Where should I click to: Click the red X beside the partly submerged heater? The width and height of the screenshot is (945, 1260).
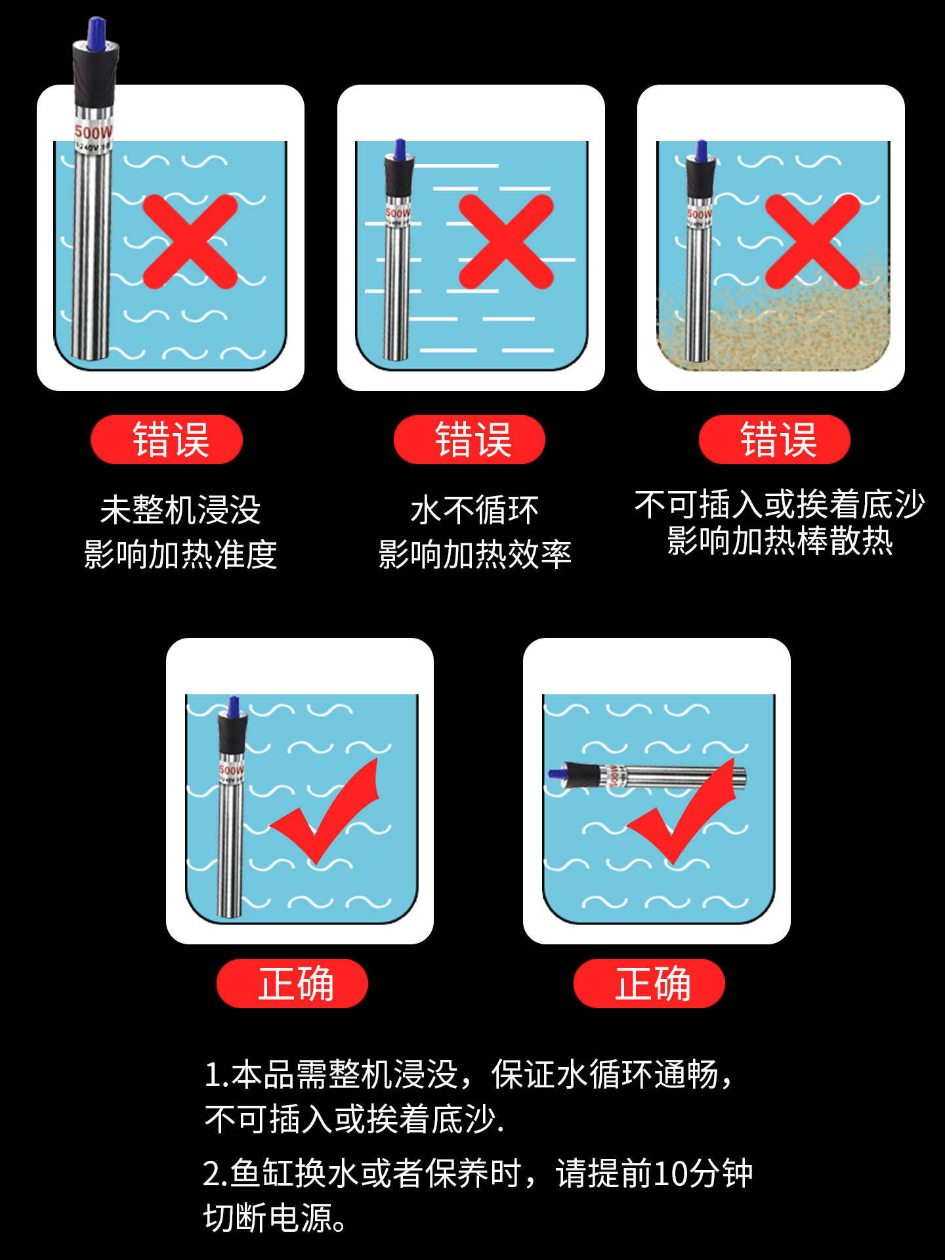pyautogui.click(x=190, y=241)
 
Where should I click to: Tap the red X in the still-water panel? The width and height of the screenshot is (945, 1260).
pyautogui.click(x=506, y=241)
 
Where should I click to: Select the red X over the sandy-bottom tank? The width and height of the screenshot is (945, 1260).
pyautogui.click(x=812, y=241)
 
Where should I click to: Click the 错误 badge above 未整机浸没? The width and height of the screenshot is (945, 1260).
pyautogui.click(x=167, y=439)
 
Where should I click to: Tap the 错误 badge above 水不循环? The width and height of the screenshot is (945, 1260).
pyautogui.click(x=470, y=439)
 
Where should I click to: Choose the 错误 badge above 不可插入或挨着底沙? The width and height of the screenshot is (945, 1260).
pyautogui.click(x=774, y=439)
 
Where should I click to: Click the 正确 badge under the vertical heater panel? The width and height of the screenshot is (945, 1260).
pyautogui.click(x=292, y=983)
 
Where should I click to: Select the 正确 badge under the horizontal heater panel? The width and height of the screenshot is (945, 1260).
pyautogui.click(x=649, y=983)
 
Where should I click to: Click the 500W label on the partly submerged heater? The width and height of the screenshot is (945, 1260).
pyautogui.click(x=93, y=132)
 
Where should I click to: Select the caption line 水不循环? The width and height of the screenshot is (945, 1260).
pyautogui.click(x=474, y=510)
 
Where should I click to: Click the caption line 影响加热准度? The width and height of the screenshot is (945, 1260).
pyautogui.click(x=180, y=555)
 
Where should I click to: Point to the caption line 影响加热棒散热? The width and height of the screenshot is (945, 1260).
pyautogui.click(x=780, y=541)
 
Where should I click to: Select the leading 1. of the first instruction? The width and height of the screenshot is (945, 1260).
pyautogui.click(x=217, y=1075)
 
